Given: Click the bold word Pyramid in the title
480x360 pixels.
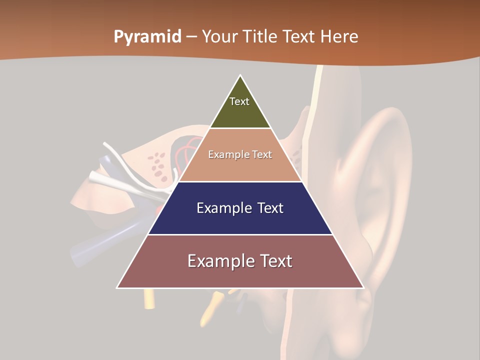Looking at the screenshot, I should (147, 37).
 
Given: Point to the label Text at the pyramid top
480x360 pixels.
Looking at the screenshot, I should (239, 101).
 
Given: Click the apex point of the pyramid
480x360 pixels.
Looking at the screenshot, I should (240, 75).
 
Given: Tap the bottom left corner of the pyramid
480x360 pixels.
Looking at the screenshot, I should (117, 288).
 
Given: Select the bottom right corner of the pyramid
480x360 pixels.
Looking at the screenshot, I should (363, 288).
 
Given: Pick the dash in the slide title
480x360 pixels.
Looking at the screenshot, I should (191, 37).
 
